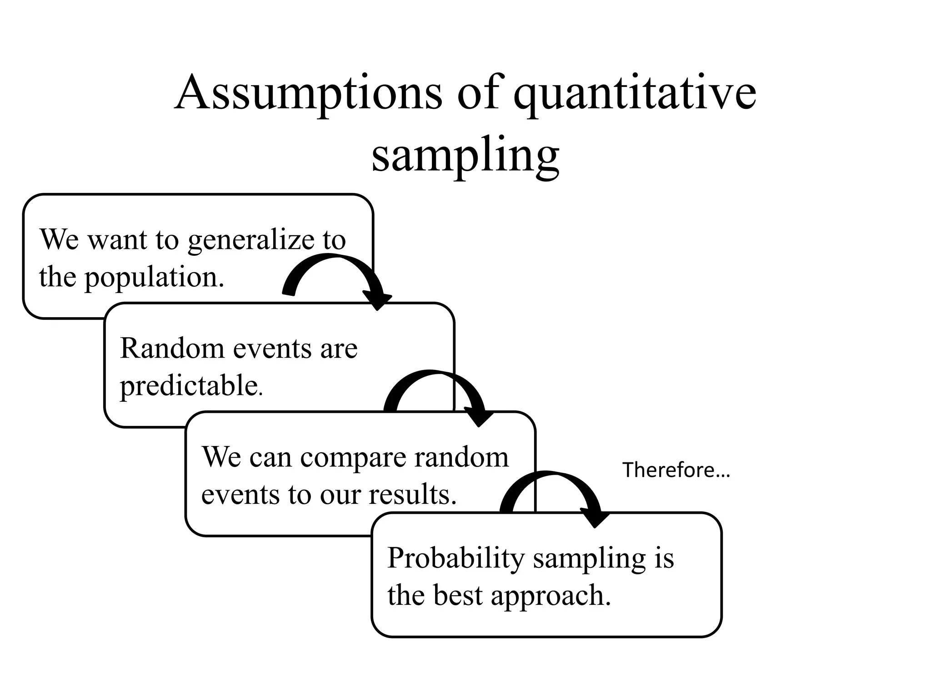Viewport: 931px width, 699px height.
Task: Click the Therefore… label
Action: click(676, 470)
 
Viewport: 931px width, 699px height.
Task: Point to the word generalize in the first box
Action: click(250, 240)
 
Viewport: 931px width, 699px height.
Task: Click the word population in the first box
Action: click(154, 277)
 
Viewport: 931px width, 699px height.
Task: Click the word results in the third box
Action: click(412, 495)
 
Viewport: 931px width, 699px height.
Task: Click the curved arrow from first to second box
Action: click(336, 264)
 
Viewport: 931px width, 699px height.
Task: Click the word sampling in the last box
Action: click(589, 559)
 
